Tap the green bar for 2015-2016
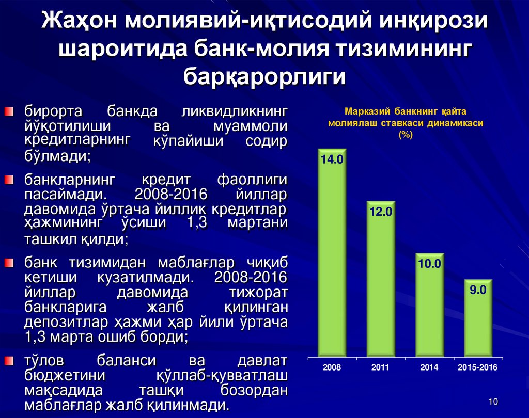478,320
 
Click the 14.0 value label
332,160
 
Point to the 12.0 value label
381,212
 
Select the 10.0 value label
429,264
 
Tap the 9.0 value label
478,290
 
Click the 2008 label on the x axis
332,368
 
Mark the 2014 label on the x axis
429,368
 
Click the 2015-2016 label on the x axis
478,368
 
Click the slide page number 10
492,402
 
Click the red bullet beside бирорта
9,111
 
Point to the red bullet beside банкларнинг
9,180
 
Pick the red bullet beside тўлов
9,359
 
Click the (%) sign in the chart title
405,135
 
